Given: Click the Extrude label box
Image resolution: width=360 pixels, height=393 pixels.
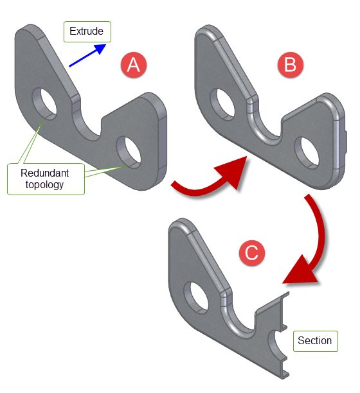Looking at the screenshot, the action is (x=87, y=31).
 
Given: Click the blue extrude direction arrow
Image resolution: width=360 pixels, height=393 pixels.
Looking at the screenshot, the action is (x=87, y=55).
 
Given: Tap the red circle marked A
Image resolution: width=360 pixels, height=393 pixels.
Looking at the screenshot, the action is (x=134, y=65).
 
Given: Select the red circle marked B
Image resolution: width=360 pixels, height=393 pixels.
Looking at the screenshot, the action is (x=291, y=65).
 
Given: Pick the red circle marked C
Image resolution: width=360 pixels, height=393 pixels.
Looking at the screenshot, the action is (x=251, y=252).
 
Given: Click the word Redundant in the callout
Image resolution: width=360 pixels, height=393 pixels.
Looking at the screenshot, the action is (x=44, y=173).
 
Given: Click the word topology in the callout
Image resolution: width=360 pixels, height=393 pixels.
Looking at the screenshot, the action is (x=44, y=185).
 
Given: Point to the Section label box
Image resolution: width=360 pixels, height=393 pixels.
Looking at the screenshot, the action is (x=316, y=341).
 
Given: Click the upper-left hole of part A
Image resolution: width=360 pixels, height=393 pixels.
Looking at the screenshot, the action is (x=44, y=104).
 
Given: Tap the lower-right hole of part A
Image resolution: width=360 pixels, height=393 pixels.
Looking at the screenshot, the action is (x=129, y=152).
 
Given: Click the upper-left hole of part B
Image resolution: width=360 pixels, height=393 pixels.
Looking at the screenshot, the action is (x=222, y=105).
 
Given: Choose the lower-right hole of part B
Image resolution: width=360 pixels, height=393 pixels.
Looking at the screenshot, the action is (x=307, y=153).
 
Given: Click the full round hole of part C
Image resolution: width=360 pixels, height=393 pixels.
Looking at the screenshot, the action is (x=197, y=298).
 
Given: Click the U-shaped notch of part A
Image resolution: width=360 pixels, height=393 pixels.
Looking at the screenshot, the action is (x=87, y=124).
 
